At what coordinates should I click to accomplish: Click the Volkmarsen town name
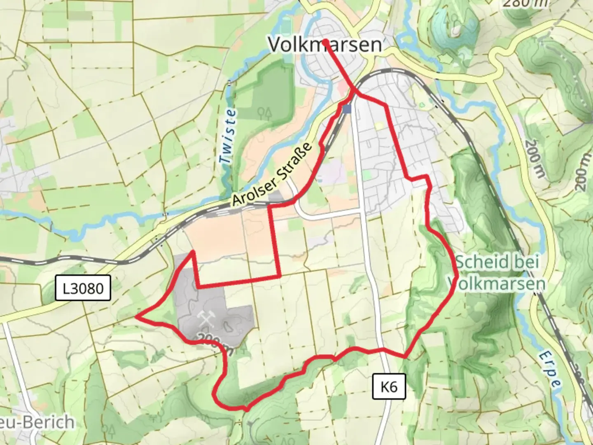click(x=325, y=44)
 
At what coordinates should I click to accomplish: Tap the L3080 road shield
click(x=83, y=288)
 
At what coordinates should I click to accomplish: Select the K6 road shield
click(x=389, y=387)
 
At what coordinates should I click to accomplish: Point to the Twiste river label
click(x=228, y=136)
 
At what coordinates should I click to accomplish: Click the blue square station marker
click(x=347, y=109)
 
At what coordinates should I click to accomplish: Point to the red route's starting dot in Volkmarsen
click(x=325, y=41)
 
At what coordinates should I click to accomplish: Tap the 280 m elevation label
click(x=525, y=3)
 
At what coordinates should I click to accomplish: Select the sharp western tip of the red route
click(x=136, y=316)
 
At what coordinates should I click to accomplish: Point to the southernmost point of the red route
click(x=246, y=410)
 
